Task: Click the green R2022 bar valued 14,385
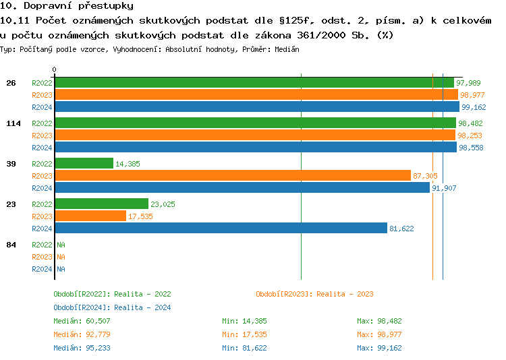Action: (x=84, y=163)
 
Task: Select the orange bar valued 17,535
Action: (x=90, y=216)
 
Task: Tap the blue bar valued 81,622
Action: (x=221, y=228)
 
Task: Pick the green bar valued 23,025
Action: (x=101, y=204)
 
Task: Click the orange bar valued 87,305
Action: (x=233, y=175)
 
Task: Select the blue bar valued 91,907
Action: (x=242, y=187)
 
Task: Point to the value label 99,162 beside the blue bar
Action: (x=474, y=107)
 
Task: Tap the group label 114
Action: (x=13, y=123)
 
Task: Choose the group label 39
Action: (x=11, y=164)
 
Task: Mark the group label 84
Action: (x=11, y=245)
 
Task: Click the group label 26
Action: (x=11, y=83)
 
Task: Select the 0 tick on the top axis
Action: (x=55, y=69)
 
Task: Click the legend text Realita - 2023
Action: (x=345, y=294)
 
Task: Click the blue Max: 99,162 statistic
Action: (x=379, y=348)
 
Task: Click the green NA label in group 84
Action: (x=61, y=245)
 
